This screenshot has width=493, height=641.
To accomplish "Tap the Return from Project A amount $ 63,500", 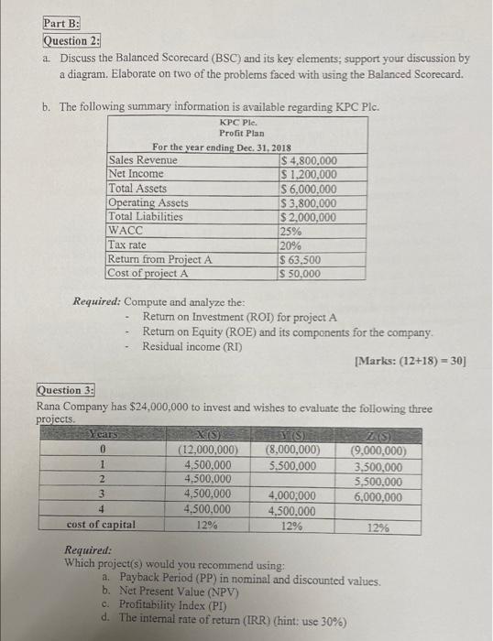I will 299,259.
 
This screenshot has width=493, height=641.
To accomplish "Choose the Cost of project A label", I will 148,273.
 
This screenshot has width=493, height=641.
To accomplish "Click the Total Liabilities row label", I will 145,217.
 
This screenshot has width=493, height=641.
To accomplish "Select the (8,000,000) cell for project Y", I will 292,450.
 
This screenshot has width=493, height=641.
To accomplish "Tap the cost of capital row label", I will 102,525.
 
